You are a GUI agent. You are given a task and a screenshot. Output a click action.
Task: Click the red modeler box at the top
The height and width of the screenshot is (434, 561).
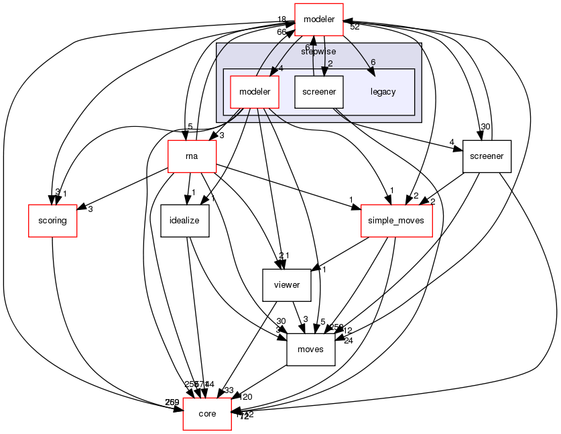(319, 19)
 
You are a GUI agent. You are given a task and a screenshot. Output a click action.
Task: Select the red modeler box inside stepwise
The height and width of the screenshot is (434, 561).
(254, 92)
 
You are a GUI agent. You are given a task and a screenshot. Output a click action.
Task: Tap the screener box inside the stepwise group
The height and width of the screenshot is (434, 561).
(319, 92)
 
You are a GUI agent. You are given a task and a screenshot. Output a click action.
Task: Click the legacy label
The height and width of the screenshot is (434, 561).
(383, 92)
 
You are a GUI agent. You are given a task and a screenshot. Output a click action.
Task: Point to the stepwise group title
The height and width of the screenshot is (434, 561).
(318, 51)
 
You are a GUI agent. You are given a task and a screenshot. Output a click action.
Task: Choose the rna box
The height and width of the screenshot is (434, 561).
(191, 156)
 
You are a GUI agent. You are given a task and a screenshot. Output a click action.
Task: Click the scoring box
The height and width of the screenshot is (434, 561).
(52, 220)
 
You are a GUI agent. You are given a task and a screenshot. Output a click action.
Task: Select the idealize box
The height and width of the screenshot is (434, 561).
(186, 220)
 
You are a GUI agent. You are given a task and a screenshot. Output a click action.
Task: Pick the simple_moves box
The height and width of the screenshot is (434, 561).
(397, 220)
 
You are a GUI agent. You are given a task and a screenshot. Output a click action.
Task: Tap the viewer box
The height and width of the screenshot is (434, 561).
(286, 284)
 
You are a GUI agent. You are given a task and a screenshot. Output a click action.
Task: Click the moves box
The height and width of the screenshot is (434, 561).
(310, 349)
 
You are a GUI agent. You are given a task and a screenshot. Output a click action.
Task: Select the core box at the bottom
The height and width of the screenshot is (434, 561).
(207, 413)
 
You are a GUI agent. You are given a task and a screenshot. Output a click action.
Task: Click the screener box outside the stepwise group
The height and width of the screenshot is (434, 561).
(487, 156)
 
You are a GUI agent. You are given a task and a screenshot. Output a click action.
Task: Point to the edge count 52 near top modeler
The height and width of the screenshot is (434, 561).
(355, 27)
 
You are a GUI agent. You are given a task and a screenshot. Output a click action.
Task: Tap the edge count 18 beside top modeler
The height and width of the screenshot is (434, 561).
(283, 19)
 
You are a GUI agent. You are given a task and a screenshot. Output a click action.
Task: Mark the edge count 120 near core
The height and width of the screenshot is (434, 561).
(246, 397)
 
